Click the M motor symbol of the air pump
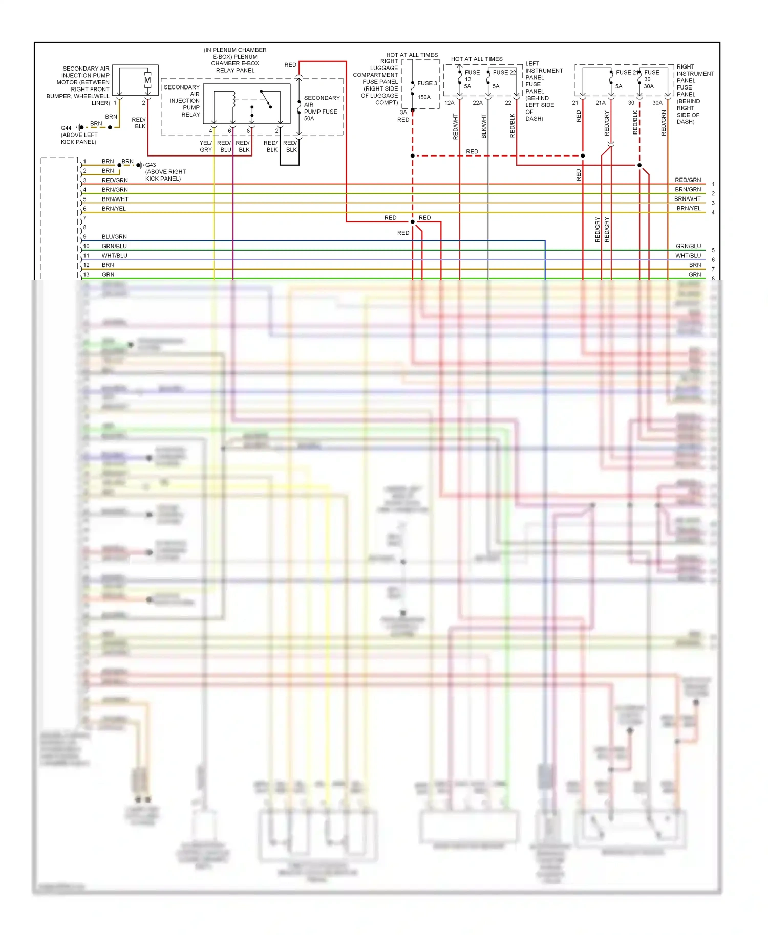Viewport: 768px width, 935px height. tap(147, 80)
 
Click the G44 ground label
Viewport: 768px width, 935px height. tap(66, 128)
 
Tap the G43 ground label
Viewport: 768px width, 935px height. tap(151, 165)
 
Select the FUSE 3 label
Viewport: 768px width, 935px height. tap(427, 83)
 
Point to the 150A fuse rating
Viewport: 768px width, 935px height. tap(424, 97)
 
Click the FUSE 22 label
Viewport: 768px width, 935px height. tap(504, 73)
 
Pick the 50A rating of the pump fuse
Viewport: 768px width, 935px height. tap(309, 119)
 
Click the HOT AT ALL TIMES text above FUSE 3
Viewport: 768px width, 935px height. tap(412, 55)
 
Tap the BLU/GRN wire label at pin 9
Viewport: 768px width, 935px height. tap(114, 237)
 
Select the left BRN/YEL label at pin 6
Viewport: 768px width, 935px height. tap(114, 209)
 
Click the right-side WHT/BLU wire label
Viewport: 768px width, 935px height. tap(688, 256)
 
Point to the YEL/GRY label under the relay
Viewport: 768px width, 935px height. tap(206, 146)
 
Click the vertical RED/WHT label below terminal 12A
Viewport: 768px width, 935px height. tap(456, 126)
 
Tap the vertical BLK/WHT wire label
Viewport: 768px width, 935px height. tap(484, 126)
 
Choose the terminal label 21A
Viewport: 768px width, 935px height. tap(601, 103)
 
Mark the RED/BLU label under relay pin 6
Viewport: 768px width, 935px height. tap(224, 146)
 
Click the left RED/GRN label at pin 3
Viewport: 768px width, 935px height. tap(115, 180)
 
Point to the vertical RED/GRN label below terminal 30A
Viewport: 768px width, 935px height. tap(664, 123)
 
